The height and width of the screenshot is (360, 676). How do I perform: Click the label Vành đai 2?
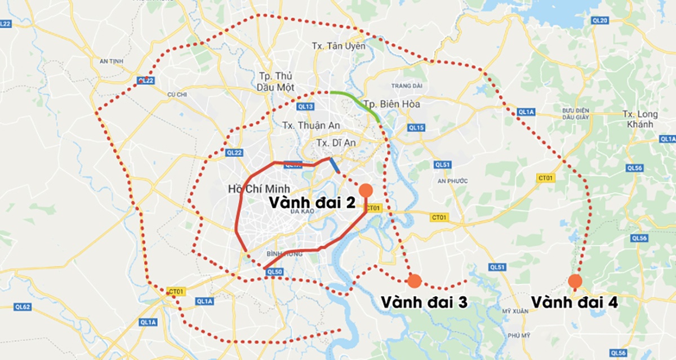(x=312, y=202)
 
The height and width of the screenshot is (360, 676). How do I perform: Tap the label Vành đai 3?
(x=424, y=302)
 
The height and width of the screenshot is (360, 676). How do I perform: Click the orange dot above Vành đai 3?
(x=415, y=280)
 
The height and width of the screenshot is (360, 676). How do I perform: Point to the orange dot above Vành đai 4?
(x=575, y=281)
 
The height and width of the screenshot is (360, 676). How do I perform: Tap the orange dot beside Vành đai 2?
(x=366, y=190)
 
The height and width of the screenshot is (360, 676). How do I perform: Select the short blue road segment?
(x=334, y=165)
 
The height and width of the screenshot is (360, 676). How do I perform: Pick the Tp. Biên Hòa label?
(x=392, y=104)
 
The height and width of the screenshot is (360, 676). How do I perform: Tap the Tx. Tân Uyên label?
(x=339, y=46)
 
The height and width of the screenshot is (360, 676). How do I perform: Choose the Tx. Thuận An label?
(x=303, y=125)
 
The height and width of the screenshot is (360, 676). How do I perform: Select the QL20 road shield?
(x=601, y=21)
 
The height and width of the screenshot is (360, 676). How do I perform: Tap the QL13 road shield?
(x=305, y=106)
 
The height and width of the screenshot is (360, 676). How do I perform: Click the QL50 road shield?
(x=274, y=272)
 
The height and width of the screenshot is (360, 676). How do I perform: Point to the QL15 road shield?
(x=416, y=128)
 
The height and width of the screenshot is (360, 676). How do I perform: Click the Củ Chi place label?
(x=176, y=95)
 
